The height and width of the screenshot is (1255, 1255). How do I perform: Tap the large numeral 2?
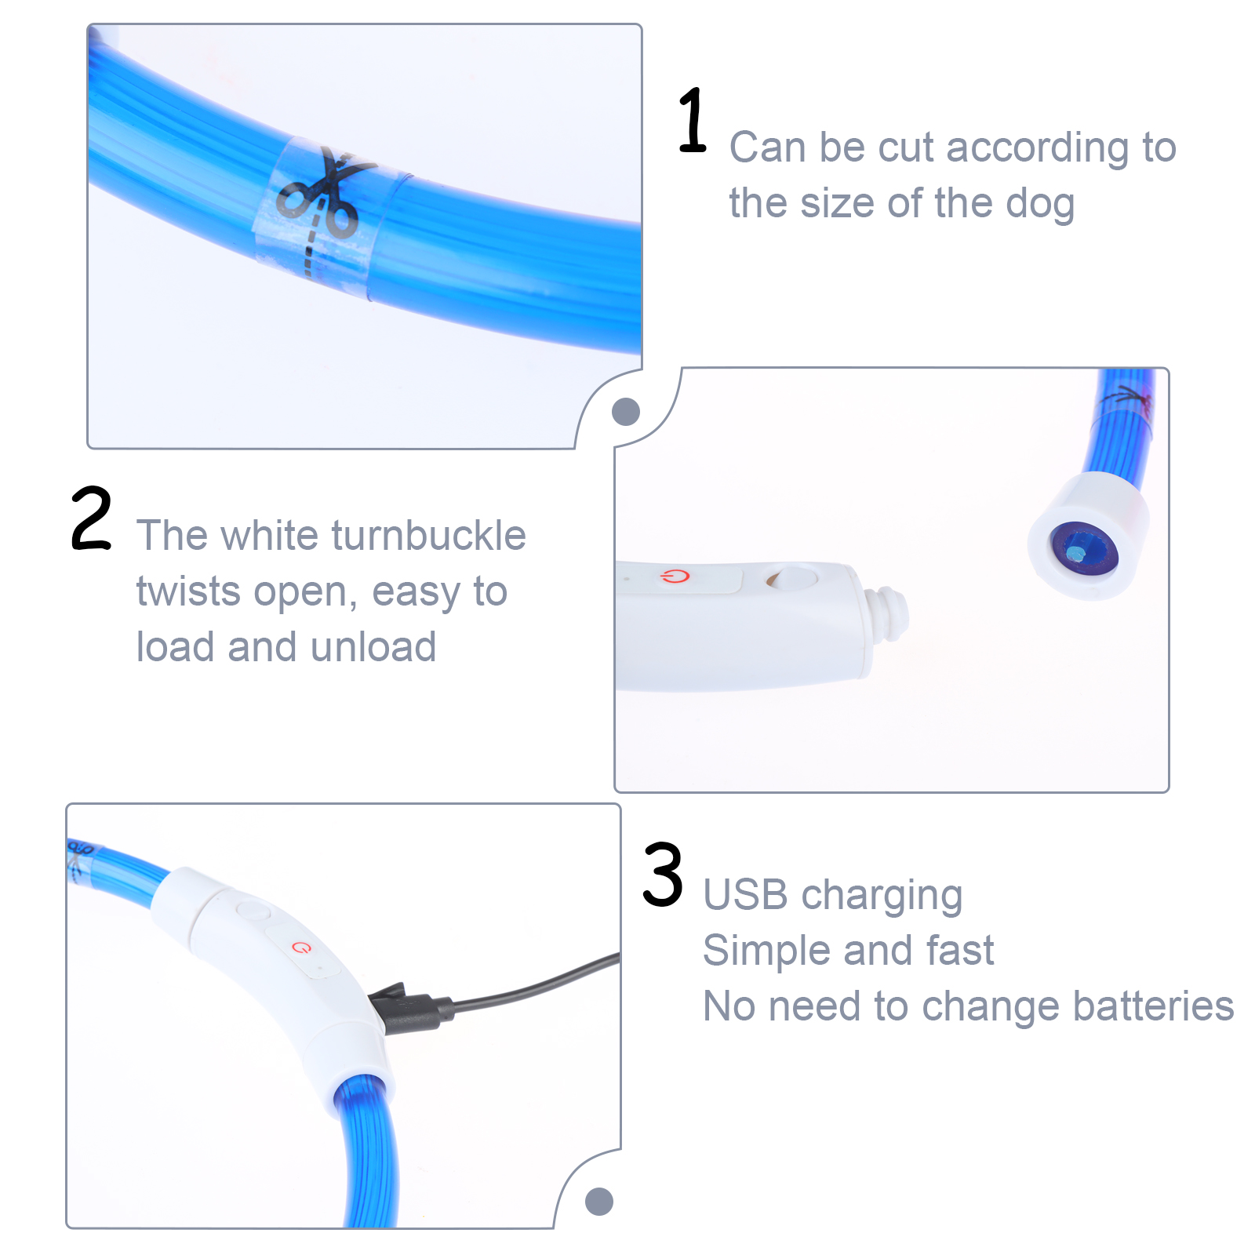coord(92,518)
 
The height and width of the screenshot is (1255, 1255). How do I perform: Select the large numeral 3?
coord(663,875)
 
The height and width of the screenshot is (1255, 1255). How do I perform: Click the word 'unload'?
coord(373,647)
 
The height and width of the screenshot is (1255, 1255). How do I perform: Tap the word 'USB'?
coord(745,895)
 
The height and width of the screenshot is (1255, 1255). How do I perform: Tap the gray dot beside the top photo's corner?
coord(626,411)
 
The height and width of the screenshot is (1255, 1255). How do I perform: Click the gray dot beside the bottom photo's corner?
coord(599,1201)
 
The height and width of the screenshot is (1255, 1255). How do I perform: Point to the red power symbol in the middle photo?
coord(675,577)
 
